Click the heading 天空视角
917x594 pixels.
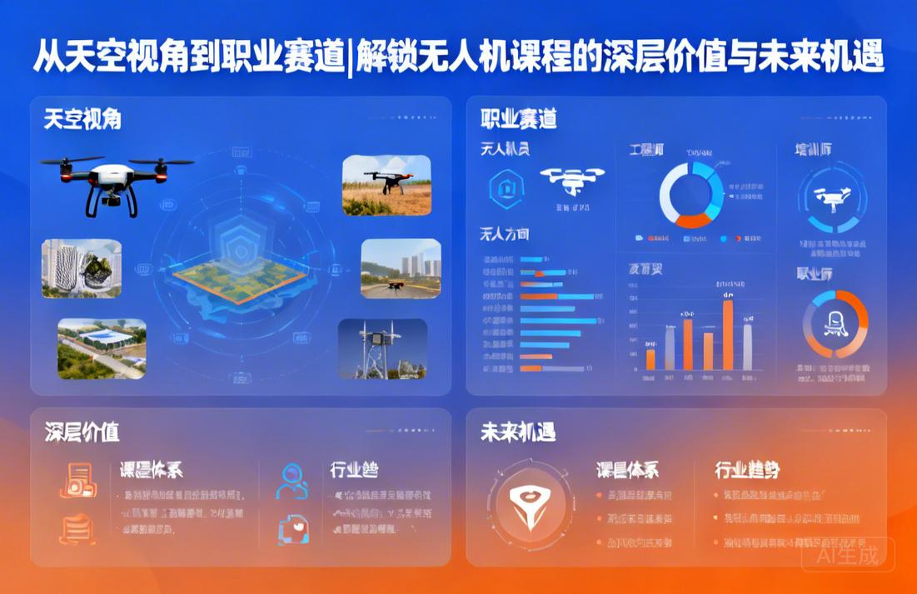coord(82,120)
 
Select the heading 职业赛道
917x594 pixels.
coord(519,120)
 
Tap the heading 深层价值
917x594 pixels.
coord(82,432)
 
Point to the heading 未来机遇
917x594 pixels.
coord(518,432)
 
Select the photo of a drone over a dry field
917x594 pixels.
coord(386,185)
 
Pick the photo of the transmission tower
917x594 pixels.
coord(382,349)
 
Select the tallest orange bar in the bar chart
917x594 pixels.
coord(728,334)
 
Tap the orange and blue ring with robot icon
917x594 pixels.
coord(835,324)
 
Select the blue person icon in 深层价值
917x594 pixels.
coord(292,482)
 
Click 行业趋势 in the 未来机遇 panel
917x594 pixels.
coord(747,470)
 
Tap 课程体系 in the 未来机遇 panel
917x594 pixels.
coord(627,470)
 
